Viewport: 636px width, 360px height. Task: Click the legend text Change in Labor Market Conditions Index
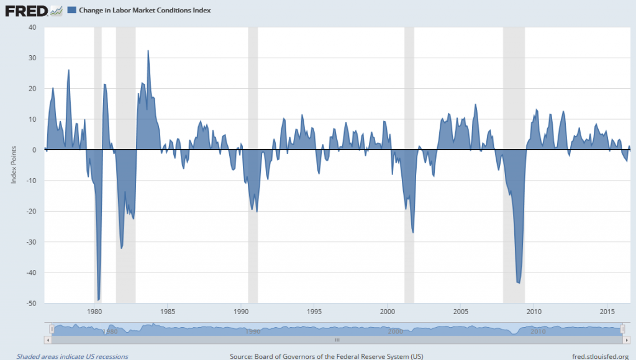point(145,11)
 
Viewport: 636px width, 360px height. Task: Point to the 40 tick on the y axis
point(33,27)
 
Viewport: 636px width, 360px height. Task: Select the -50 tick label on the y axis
point(32,304)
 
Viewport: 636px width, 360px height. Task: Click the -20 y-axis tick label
point(32,211)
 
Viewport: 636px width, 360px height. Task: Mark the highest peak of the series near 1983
point(148,51)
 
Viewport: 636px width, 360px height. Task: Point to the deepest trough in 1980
point(99,299)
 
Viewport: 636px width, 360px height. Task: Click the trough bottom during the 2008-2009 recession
point(519,282)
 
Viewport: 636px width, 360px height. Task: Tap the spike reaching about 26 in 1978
point(68,70)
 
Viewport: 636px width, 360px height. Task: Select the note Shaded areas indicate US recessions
point(72,356)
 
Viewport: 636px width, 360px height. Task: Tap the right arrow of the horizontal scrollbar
point(626,340)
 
